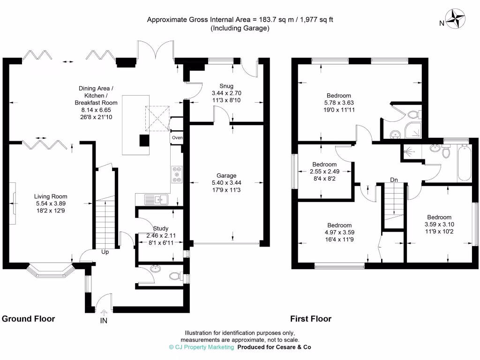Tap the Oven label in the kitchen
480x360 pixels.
177,137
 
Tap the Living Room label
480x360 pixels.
50,196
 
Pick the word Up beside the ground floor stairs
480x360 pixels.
105,252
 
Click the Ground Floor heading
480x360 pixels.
29,319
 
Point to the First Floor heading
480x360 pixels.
311,319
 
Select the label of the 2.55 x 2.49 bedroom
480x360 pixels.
324,165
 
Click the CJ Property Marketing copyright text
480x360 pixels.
201,347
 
